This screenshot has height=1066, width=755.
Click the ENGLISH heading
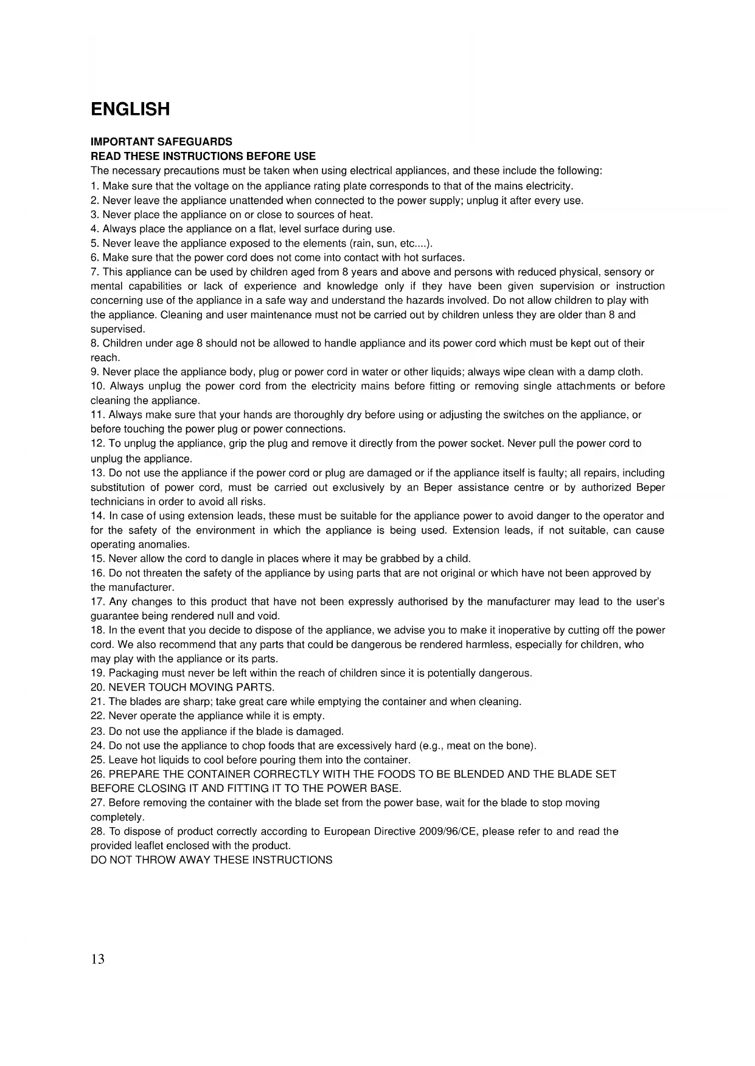pyautogui.click(x=130, y=109)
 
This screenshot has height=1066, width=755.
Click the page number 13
pyautogui.click(x=97, y=959)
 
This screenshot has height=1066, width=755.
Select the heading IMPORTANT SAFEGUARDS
pyautogui.click(x=161, y=142)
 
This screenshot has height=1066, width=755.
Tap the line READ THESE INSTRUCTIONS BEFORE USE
pyautogui.click(x=203, y=156)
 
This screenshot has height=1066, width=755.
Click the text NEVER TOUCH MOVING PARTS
pyautogui.click(x=192, y=687)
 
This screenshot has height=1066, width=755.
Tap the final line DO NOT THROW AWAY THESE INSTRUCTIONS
pyautogui.click(x=211, y=860)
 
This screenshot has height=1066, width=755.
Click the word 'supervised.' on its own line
pyautogui.click(x=117, y=329)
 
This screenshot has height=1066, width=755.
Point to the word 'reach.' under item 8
pyautogui.click(x=105, y=358)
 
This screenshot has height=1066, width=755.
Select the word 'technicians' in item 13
pyautogui.click(x=117, y=502)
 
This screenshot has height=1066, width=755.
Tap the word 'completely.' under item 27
pyautogui.click(x=117, y=817)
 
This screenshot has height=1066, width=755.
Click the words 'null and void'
pyautogui.click(x=248, y=616)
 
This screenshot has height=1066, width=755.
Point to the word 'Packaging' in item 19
pyautogui.click(x=131, y=673)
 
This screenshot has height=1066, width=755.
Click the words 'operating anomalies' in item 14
pyautogui.click(x=140, y=545)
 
